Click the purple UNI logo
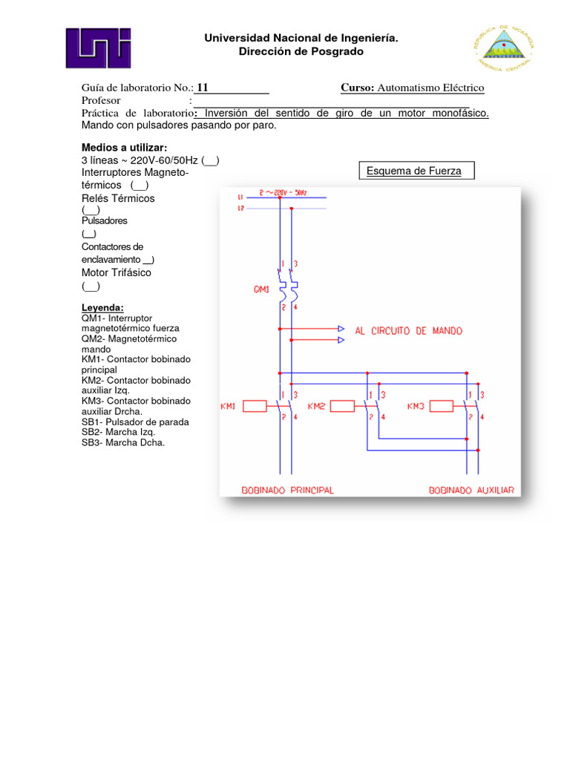[98, 53]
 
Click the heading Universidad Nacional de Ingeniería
[301, 38]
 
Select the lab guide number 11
[203, 88]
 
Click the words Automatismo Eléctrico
[430, 88]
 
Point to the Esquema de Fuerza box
[414, 171]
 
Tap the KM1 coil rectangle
[255, 406]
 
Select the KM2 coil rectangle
[342, 406]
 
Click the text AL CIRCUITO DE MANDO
[408, 331]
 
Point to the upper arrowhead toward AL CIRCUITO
[341, 328]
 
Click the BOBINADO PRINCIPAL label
[288, 490]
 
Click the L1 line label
[240, 197]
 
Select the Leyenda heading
[102, 307]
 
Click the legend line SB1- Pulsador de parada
[135, 422]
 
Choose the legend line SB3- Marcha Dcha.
[123, 442]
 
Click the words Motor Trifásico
[116, 272]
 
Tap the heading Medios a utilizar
[124, 147]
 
